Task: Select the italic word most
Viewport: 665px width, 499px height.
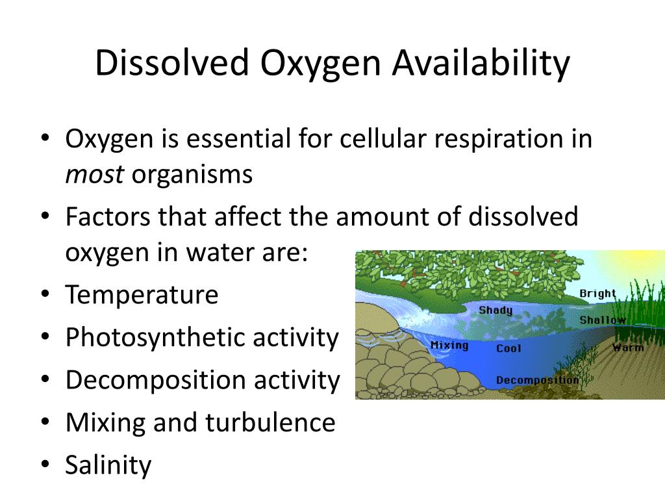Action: coord(94,175)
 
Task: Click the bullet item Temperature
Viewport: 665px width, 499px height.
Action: coord(142,295)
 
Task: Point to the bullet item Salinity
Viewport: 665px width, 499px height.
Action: coord(108,465)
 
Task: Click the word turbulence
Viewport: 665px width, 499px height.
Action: coord(270,423)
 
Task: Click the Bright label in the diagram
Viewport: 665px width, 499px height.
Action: coord(597,294)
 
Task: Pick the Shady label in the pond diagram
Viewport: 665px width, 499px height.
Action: coord(496,310)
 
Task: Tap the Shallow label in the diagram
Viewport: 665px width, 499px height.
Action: coord(603,320)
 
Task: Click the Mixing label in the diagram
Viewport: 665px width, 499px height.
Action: coord(449,345)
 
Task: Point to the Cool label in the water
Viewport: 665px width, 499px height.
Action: coord(508,349)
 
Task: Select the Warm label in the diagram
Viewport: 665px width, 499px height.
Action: coord(628,348)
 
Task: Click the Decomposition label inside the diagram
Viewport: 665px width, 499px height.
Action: coord(537,380)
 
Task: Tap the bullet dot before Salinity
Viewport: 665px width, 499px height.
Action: coord(45,465)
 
